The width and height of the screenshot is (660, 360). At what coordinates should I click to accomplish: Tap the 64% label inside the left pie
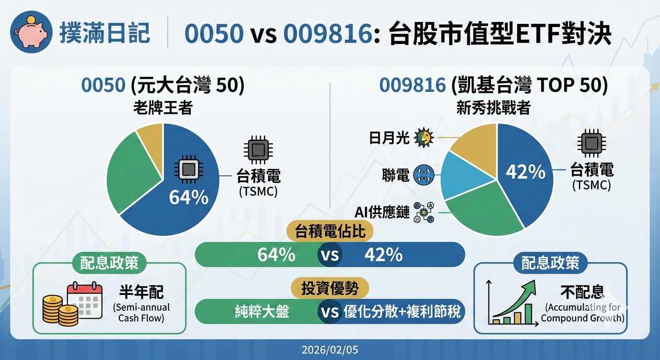188,197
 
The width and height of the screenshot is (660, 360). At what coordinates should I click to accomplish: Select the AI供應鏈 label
382,212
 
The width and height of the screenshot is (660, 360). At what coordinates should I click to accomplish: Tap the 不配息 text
582,292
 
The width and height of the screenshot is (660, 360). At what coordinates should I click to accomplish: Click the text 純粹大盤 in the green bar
262,312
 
